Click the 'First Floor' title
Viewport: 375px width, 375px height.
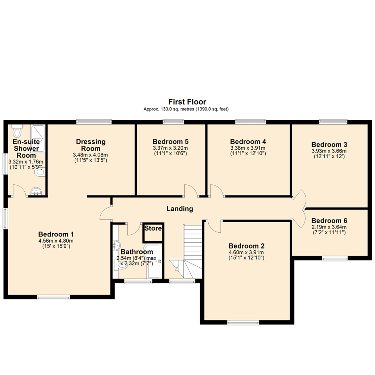pyautogui.click(x=187, y=102)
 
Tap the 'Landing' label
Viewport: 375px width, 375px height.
pyautogui.click(x=180, y=209)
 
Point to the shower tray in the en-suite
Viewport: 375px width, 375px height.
pyautogui.click(x=38, y=138)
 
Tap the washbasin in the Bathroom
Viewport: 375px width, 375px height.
pyautogui.click(x=116, y=245)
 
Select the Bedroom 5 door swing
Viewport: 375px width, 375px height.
pyautogui.click(x=191, y=191)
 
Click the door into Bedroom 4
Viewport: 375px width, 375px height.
pyautogui.click(x=216, y=191)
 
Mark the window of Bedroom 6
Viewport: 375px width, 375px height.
pyautogui.click(x=334, y=258)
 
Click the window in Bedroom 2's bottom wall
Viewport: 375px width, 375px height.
pyautogui.click(x=243, y=323)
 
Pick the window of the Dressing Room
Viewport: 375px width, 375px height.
pyautogui.click(x=94, y=122)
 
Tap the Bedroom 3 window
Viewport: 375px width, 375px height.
pyautogui.click(x=333, y=122)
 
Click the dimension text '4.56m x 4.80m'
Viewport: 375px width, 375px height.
pyautogui.click(x=56, y=241)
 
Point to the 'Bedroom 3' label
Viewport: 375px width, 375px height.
pyautogui.click(x=329, y=144)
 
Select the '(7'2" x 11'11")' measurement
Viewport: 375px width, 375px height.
pyautogui.click(x=329, y=233)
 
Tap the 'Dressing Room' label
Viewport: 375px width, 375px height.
pyautogui.click(x=91, y=145)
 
